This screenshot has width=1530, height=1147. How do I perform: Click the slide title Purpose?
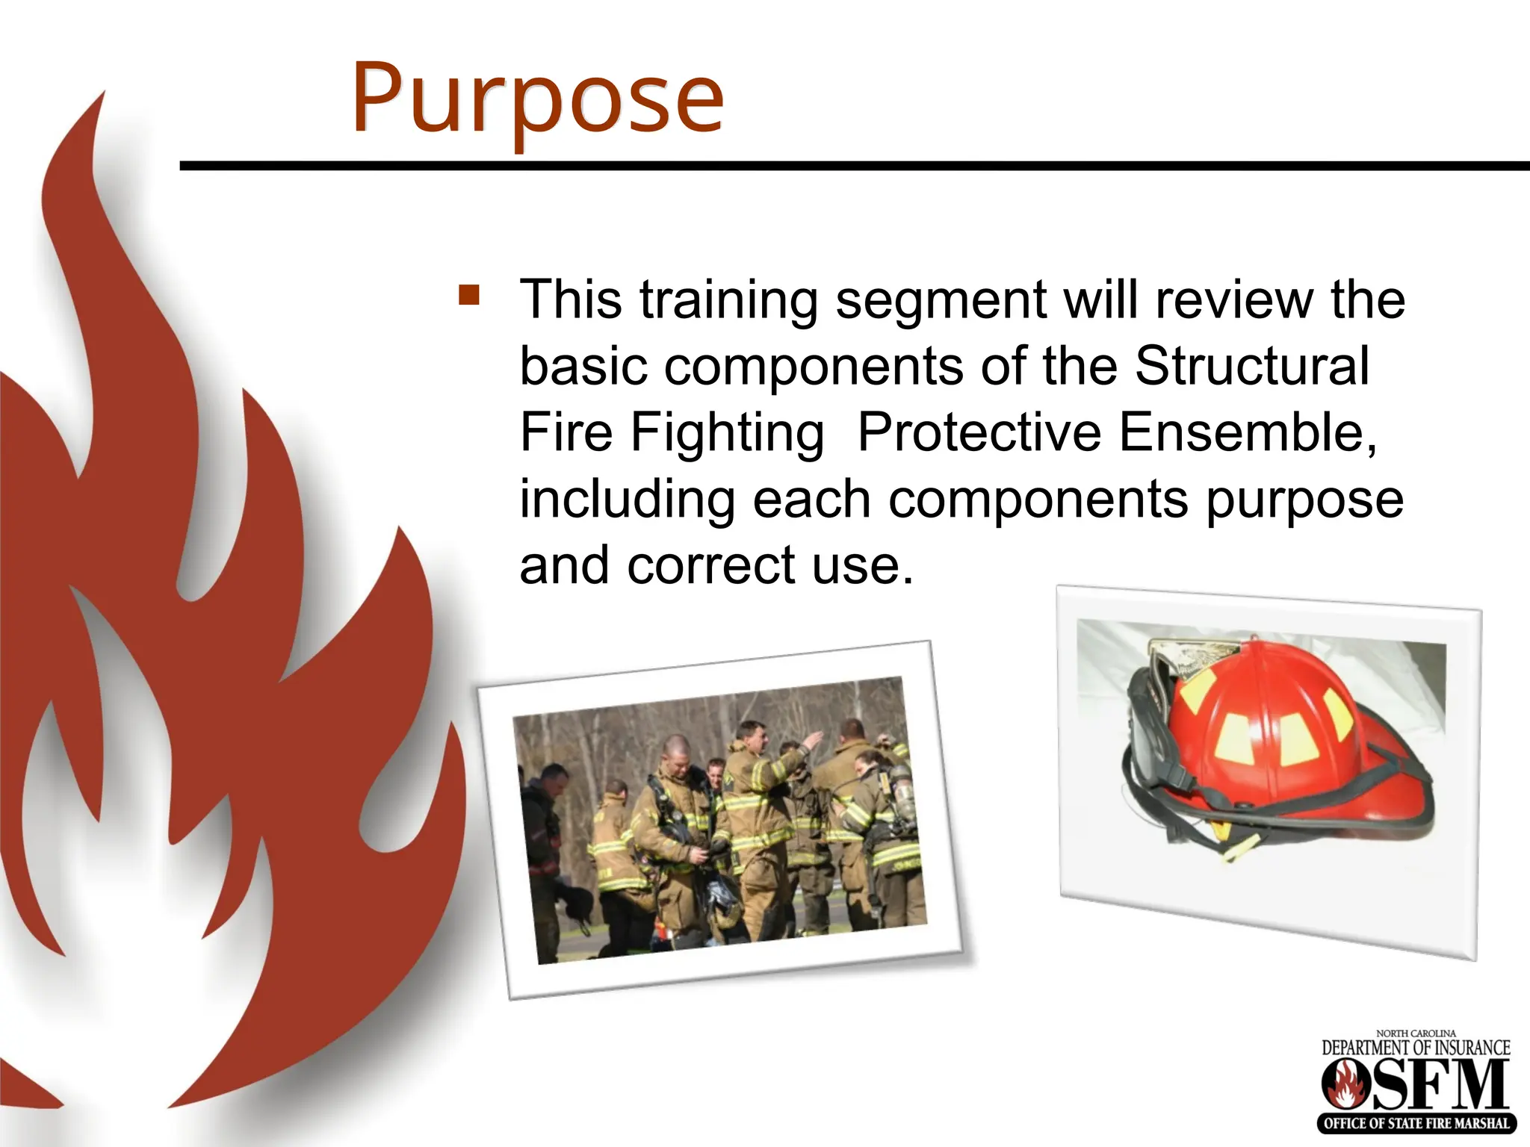(538, 99)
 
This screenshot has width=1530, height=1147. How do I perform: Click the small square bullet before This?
(469, 295)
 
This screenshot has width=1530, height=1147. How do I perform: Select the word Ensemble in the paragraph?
(1247, 432)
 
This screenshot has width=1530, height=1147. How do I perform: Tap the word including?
(628, 499)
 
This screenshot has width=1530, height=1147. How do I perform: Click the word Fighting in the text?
(726, 432)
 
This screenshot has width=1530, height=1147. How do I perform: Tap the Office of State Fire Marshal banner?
(1416, 1122)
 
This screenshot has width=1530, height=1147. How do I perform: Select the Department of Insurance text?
(1416, 1048)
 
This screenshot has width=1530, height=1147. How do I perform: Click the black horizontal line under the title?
(852, 166)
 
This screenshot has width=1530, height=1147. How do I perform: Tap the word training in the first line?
(729, 300)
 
